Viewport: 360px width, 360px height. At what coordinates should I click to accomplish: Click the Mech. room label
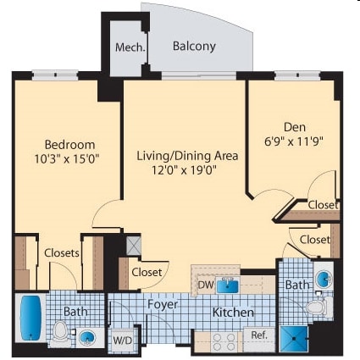click(x=130, y=47)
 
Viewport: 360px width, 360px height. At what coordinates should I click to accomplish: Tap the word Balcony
click(x=193, y=47)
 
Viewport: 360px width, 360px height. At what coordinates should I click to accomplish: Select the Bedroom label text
click(x=69, y=144)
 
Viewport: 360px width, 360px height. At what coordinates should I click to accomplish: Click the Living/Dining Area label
click(x=187, y=155)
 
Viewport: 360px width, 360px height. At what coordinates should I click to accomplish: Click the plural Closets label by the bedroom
click(x=61, y=252)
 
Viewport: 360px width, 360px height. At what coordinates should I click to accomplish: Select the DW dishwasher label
click(x=205, y=285)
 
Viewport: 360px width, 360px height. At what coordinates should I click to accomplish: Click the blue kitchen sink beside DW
click(x=226, y=285)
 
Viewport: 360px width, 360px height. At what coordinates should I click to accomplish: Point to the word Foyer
click(x=162, y=303)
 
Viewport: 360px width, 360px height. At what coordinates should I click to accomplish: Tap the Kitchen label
click(x=232, y=313)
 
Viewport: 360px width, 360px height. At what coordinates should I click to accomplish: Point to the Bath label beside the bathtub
click(x=75, y=313)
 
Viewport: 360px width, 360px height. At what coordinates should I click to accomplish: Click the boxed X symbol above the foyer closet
click(x=132, y=245)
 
